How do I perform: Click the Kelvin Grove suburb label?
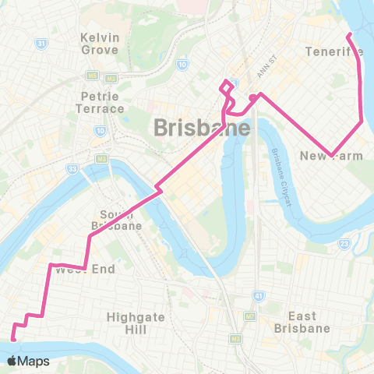(99, 43)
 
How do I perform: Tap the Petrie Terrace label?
(102, 102)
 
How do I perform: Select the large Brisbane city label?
(202, 127)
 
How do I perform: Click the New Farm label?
(331, 157)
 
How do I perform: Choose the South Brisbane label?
(121, 220)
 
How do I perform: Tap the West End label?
(86, 270)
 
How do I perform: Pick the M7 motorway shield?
(249, 317)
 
